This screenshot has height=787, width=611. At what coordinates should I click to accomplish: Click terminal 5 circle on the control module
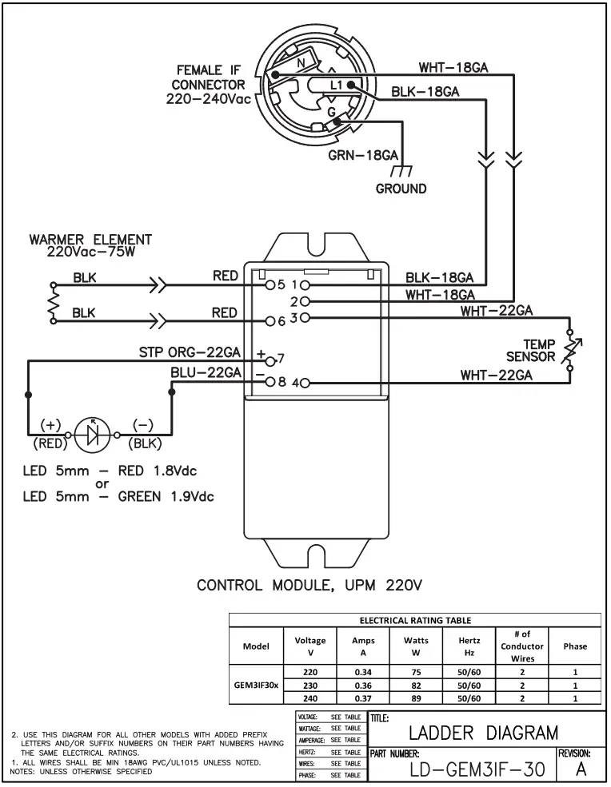tap(270, 284)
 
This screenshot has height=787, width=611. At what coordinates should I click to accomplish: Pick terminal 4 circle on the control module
tap(304, 383)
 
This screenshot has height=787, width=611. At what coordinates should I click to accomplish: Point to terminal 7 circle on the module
tap(270, 360)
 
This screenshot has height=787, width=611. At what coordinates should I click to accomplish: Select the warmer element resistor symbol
tap(54, 303)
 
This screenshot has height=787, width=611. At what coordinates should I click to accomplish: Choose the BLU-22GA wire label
tap(206, 372)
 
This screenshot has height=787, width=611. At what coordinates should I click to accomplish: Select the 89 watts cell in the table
tap(415, 697)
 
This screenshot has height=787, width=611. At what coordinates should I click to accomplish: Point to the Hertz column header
tap(469, 646)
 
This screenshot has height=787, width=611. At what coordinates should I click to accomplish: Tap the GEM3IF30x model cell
tap(256, 685)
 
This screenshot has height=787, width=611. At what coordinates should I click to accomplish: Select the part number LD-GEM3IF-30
tap(466, 770)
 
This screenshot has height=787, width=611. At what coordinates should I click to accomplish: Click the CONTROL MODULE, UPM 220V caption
tap(309, 586)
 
